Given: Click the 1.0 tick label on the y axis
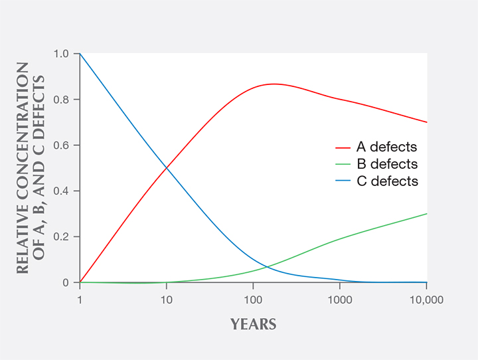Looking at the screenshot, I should point(62,54).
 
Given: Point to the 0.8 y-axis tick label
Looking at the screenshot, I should point(62,100).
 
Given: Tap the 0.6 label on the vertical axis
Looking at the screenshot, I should point(62,145).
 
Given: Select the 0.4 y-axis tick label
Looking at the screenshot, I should point(62,191).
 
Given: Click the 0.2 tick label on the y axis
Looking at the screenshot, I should point(62,237).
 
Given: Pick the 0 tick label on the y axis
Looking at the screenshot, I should point(66,283).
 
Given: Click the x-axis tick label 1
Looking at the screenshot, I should point(80,299).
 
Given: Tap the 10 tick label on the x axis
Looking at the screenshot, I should point(167,299).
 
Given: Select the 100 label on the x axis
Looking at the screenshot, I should point(253,299).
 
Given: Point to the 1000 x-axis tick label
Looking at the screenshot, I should point(339,299).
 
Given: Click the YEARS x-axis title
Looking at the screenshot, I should point(253,325).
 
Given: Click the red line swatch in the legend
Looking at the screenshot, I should point(343,147).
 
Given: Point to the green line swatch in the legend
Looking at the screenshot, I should point(343,164).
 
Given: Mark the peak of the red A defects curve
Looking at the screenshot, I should point(273,84).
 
